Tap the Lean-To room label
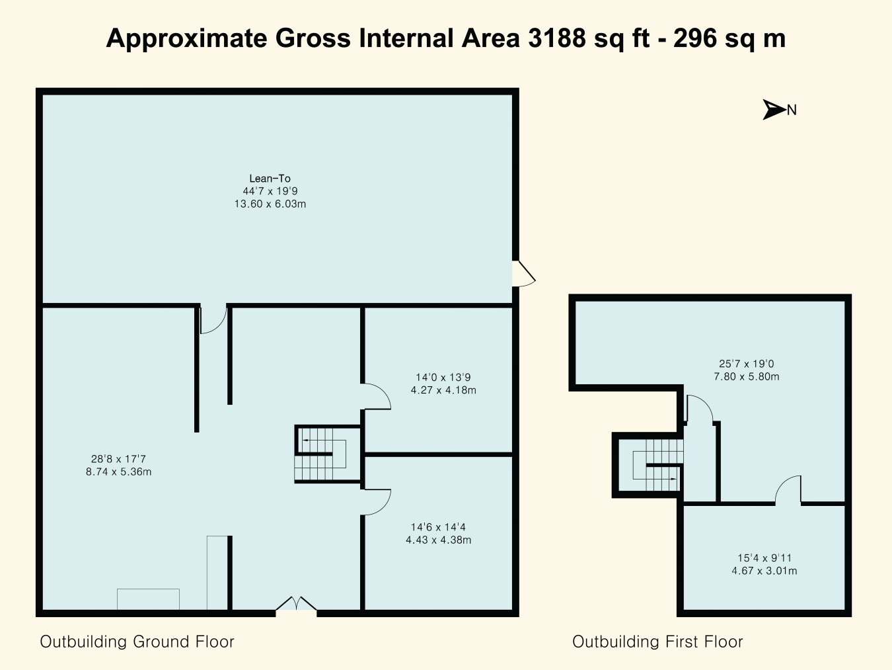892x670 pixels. (x=270, y=178)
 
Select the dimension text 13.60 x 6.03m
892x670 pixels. (x=270, y=204)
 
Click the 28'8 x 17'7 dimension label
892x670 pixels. (x=118, y=459)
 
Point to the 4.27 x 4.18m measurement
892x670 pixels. (x=443, y=390)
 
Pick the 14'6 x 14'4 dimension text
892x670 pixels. (x=438, y=527)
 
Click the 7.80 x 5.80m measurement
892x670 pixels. (x=747, y=377)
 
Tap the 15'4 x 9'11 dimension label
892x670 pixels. (x=764, y=558)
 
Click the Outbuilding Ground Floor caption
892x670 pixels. (x=137, y=642)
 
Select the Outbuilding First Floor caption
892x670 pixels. (x=657, y=642)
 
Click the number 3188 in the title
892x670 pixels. (x=557, y=38)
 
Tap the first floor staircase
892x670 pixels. (x=649, y=465)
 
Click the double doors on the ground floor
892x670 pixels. (x=296, y=603)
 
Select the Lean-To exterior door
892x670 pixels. (x=524, y=274)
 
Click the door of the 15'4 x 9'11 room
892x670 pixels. (x=788, y=490)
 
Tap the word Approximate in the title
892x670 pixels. (x=187, y=39)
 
